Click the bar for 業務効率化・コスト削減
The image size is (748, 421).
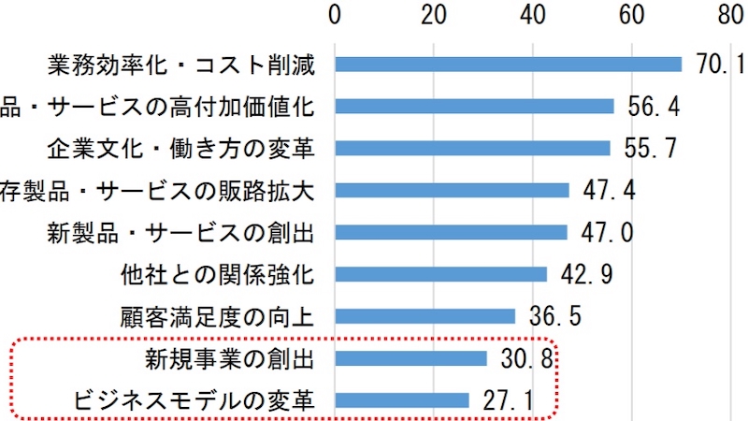click(508, 65)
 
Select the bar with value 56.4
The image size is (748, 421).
click(474, 106)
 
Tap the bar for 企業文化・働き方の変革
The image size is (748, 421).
click(472, 148)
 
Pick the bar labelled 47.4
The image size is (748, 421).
click(452, 190)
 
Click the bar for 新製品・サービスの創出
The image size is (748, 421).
click(451, 232)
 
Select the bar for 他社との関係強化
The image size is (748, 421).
click(440, 274)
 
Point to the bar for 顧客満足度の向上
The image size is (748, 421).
click(424, 316)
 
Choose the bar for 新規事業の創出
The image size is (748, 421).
click(410, 358)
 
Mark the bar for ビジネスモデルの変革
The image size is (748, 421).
click(401, 400)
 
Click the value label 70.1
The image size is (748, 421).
click(720, 65)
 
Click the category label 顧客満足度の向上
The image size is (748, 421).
click(216, 316)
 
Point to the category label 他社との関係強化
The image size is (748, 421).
click(216, 274)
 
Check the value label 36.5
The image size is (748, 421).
click(554, 316)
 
